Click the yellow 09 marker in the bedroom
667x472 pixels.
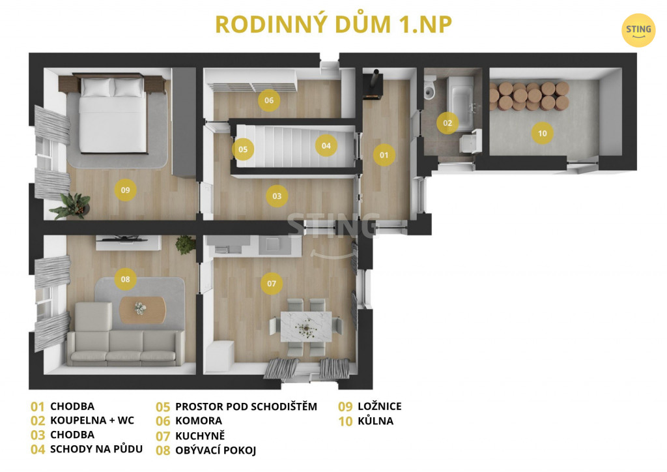tap(125, 190)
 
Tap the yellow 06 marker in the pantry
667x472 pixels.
tap(269, 100)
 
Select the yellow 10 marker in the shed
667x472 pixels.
tap(543, 133)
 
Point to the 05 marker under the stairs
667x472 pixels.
tap(243, 149)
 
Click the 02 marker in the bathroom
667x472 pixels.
tap(447, 123)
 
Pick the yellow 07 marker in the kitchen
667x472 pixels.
tap(272, 284)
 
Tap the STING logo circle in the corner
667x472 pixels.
tap(638, 30)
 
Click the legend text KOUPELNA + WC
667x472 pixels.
tap(92, 420)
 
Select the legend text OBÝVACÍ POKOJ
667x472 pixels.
tap(216, 450)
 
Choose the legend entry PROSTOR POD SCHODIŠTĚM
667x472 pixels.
tap(246, 406)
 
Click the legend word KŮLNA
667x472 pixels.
tap(376, 421)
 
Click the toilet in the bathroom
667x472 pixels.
tap(430, 88)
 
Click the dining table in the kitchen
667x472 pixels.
tap(306, 327)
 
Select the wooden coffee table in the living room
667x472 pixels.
tap(143, 310)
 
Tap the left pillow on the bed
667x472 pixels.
tap(98, 87)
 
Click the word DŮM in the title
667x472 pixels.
tap(363, 24)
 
